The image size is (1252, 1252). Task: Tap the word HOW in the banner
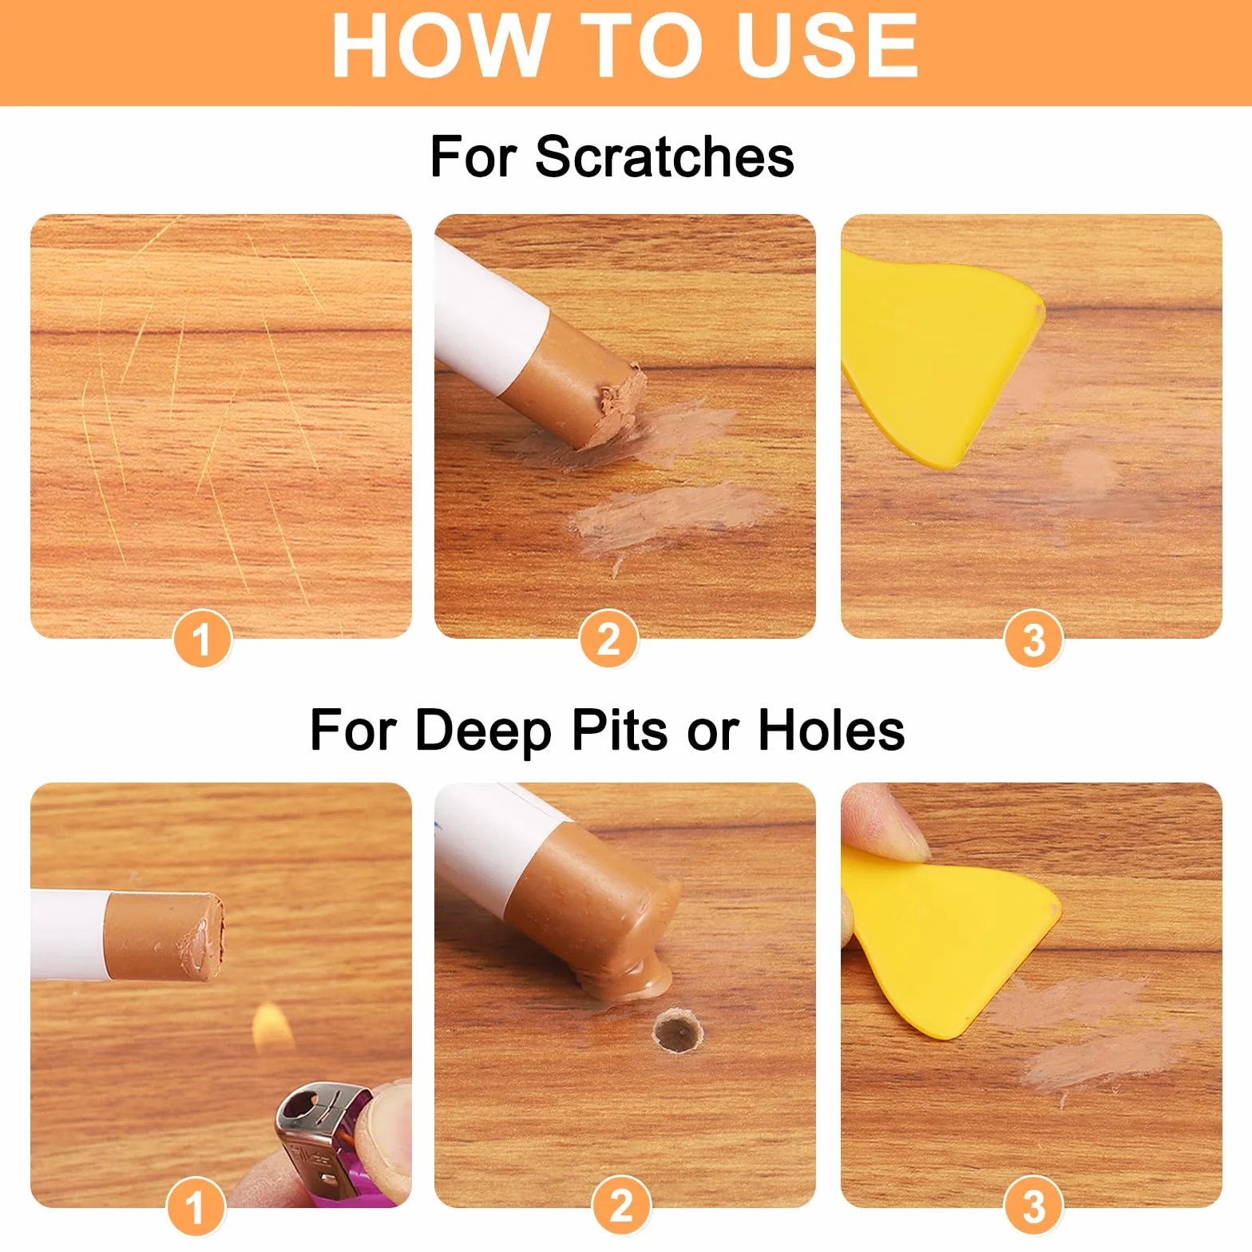[x=439, y=46]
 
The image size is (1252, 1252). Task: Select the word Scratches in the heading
[x=664, y=156]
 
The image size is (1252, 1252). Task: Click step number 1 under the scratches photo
[x=202, y=639]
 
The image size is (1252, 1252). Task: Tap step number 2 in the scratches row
[x=608, y=639]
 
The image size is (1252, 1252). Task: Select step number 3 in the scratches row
[x=1033, y=639]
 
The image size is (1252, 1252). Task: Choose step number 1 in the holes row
[x=195, y=1206]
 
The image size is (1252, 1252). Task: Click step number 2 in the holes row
[x=621, y=1206]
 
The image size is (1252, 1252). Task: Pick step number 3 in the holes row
[x=1033, y=1206]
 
